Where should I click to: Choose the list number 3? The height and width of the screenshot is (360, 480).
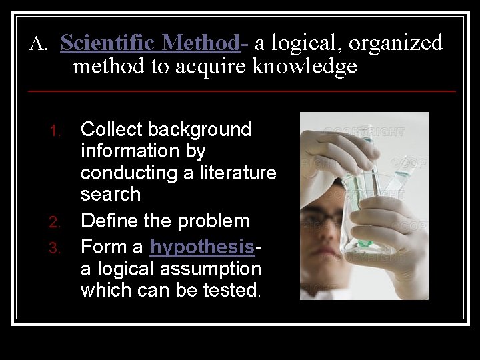[x=57, y=249]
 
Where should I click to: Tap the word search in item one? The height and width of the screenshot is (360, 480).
[x=111, y=195]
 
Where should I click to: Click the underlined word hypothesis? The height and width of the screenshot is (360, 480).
[x=202, y=247]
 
